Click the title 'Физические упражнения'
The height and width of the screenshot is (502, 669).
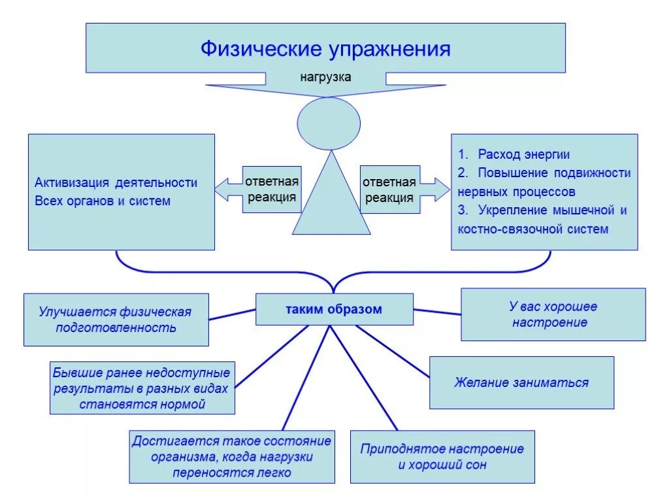pyautogui.click(x=325, y=49)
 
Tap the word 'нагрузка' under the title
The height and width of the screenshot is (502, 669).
pyautogui.click(x=325, y=77)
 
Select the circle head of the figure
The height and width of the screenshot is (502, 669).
pyautogui.click(x=329, y=123)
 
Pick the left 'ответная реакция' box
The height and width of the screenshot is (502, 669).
pyautogui.click(x=272, y=190)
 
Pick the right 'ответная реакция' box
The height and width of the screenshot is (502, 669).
pyautogui.click(x=389, y=190)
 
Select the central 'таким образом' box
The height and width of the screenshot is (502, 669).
pyautogui.click(x=334, y=309)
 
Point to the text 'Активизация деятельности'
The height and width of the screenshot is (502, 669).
pyautogui.click(x=116, y=182)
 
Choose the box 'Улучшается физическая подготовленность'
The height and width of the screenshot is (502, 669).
pyautogui.click(x=116, y=320)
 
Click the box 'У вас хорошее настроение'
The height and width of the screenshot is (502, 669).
pyautogui.click(x=553, y=314)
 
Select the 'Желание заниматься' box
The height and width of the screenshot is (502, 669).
pyautogui.click(x=521, y=382)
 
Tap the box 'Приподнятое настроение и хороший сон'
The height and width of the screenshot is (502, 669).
pyautogui.click(x=442, y=457)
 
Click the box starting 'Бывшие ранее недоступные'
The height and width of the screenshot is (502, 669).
pyautogui.click(x=142, y=388)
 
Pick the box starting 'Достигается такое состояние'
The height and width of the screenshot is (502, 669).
pyautogui.click(x=232, y=456)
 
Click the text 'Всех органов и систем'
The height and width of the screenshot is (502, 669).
pyautogui.click(x=103, y=201)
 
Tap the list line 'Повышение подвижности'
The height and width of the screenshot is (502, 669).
pyautogui.click(x=553, y=173)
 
